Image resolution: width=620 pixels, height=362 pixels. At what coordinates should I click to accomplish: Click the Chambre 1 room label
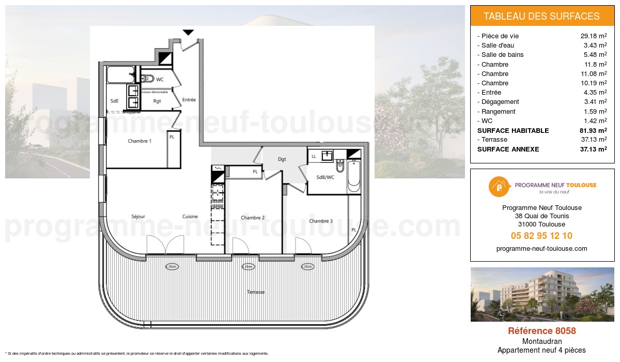[x=139, y=141]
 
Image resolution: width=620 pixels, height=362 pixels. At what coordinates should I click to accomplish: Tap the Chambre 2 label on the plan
[x=253, y=218]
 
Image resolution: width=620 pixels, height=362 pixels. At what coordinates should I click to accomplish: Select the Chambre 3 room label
[x=321, y=221]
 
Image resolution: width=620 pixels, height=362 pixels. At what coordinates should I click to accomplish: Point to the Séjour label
[x=138, y=216]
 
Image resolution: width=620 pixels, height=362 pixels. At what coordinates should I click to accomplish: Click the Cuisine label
[x=190, y=216]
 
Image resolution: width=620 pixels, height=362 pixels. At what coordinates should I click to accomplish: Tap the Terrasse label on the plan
[x=256, y=292]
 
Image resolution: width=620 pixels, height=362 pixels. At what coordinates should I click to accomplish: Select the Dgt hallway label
[x=282, y=159]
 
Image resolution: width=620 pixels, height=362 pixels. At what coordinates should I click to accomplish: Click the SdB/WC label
[x=324, y=177]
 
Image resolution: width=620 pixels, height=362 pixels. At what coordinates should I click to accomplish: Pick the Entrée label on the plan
[x=189, y=100]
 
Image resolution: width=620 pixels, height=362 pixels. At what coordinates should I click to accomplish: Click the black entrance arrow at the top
[x=189, y=33]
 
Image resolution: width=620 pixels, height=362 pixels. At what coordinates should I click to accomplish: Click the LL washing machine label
[x=314, y=156]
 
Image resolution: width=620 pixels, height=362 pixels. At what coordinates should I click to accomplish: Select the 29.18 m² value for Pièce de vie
[x=594, y=36]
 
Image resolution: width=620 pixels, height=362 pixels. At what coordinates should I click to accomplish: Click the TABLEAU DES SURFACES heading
[x=541, y=16]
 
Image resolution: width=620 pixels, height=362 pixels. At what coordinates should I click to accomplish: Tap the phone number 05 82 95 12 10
[x=541, y=236]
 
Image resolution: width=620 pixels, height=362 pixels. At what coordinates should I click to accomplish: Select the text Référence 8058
[x=541, y=331]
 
